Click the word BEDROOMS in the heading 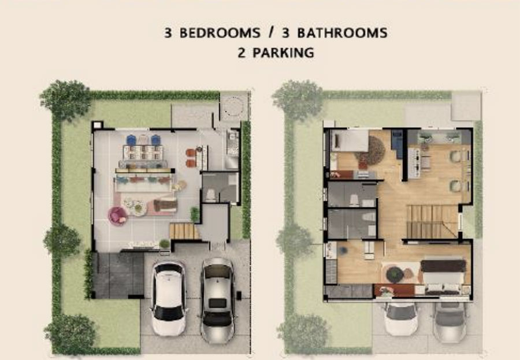point(220,33)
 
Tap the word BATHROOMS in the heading point(342,33)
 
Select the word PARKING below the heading point(283,53)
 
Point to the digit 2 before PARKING point(242,53)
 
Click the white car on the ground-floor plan point(169,298)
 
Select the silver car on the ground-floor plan point(217,300)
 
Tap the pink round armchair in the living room point(117,216)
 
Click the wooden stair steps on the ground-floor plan point(184,231)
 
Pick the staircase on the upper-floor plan point(432,221)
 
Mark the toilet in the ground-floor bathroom point(211,195)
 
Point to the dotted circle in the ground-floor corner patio point(234,106)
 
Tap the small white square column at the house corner point(97,125)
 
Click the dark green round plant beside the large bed point(395,274)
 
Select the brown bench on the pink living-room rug point(165,205)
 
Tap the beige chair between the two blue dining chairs point(143,140)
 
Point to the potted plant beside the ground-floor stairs point(194,214)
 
